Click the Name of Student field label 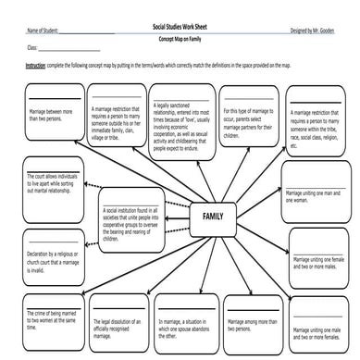point(43,31)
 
